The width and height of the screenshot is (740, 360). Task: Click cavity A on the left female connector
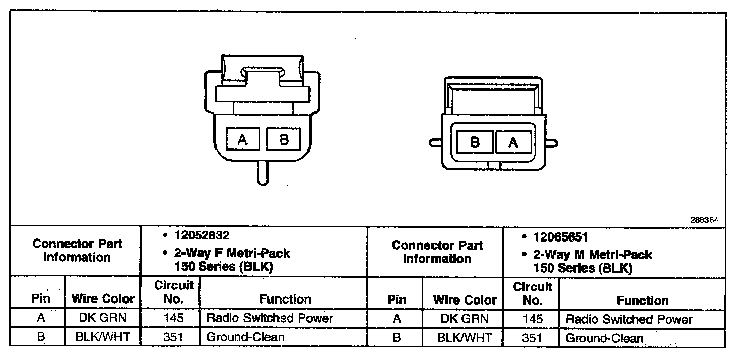[x=242, y=139]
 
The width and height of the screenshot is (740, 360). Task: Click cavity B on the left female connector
[x=284, y=139]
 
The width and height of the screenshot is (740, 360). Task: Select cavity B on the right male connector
[x=475, y=142]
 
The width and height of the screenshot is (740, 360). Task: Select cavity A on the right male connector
[x=513, y=142]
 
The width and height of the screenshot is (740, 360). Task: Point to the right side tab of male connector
[x=551, y=143]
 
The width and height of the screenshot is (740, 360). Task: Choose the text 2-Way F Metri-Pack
[x=232, y=253]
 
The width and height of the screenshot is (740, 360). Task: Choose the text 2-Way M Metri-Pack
[x=592, y=254]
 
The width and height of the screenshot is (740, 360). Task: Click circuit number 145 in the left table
[x=174, y=318]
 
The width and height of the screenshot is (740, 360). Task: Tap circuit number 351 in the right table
[x=532, y=338]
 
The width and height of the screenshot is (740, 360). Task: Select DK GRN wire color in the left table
[x=103, y=318]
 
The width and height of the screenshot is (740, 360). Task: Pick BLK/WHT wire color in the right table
[x=465, y=338]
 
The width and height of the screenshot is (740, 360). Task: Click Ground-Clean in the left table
[x=245, y=337]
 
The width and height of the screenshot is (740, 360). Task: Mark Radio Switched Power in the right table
[x=629, y=319]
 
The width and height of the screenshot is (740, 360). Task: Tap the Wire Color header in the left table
[x=103, y=298]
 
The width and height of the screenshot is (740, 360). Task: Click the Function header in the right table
[x=642, y=300]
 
